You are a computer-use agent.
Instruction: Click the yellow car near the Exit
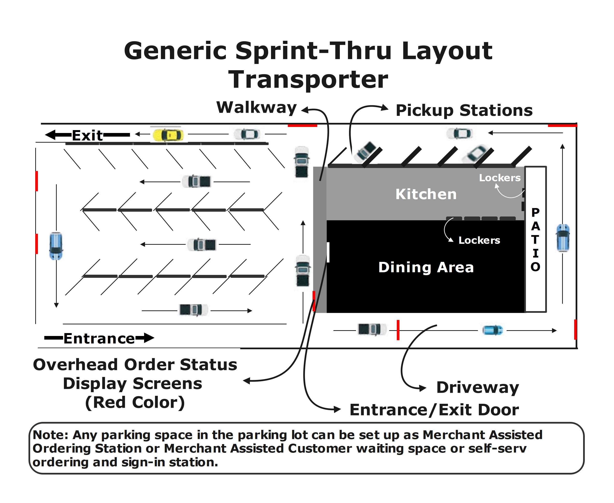(x=168, y=135)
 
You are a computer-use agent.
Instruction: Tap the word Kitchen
(x=426, y=194)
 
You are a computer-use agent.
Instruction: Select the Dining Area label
(x=426, y=267)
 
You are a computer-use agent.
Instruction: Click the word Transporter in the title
(x=308, y=80)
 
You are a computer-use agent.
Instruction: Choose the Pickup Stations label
(x=464, y=110)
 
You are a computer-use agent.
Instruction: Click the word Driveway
(x=478, y=387)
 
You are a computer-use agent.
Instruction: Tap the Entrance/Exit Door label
(x=434, y=410)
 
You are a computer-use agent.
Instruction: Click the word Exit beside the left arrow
(x=87, y=135)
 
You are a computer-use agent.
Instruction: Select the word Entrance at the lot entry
(x=99, y=338)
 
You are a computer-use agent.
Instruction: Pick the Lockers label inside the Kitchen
(x=500, y=178)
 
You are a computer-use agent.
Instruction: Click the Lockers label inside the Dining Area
(x=479, y=240)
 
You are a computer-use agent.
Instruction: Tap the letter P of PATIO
(x=535, y=212)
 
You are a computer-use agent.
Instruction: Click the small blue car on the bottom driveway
(x=492, y=330)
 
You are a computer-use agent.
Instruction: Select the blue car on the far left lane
(x=56, y=246)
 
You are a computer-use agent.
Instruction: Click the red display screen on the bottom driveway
(x=398, y=330)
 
